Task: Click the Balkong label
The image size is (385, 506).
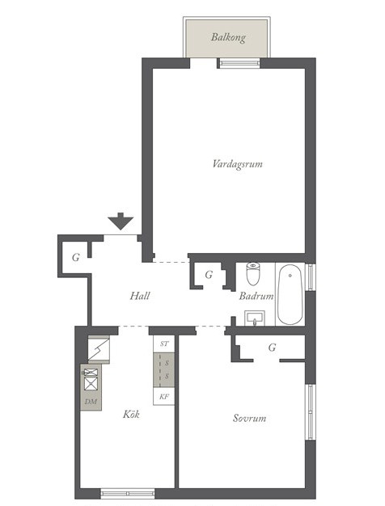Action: point(228,37)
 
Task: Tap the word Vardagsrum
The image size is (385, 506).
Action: point(238,163)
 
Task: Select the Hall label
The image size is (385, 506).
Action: point(140,296)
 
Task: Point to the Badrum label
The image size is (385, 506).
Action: point(256,296)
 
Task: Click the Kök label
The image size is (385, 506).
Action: point(131,414)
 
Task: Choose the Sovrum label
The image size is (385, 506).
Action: point(249,418)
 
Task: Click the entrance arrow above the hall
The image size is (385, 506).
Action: point(121,221)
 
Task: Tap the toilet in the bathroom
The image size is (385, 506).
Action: point(253,273)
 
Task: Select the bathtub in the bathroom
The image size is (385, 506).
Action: point(290,294)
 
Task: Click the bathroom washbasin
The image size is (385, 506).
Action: point(255,318)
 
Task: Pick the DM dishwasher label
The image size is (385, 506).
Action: point(91,402)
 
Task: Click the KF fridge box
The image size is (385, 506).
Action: point(164,397)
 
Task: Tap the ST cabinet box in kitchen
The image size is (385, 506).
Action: point(164,344)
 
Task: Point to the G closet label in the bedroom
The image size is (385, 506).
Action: point(273,348)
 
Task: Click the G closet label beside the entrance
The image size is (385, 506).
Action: point(76,257)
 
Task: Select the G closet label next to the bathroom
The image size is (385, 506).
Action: point(209,275)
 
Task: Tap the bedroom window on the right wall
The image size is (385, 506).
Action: point(311,411)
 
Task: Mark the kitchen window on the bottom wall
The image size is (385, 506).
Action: point(128,493)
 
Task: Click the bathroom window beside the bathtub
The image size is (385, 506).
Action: point(311,277)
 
